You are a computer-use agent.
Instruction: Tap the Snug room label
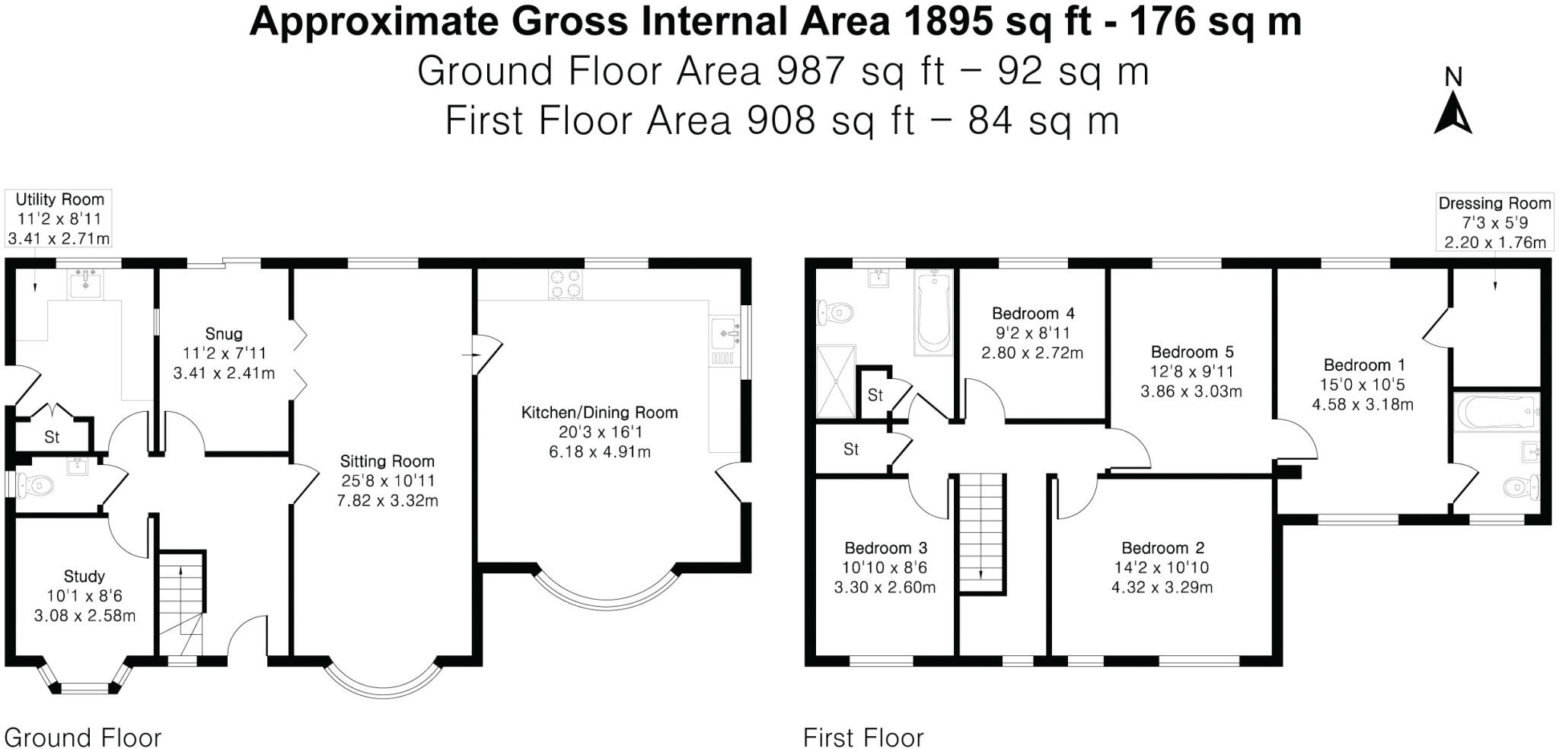[x=224, y=333]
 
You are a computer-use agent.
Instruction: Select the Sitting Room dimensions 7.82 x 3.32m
[x=387, y=501]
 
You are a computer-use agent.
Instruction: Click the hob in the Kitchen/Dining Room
[x=566, y=285]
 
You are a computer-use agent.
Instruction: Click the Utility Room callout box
[x=59, y=218]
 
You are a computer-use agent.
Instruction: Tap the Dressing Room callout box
[x=1494, y=223]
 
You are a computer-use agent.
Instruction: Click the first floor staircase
[x=981, y=533]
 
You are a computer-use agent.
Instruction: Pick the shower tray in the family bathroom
[x=836, y=381]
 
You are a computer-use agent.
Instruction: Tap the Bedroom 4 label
[x=1033, y=314]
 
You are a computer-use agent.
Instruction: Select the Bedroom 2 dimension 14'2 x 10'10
[x=1162, y=568]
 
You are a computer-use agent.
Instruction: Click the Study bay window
[x=84, y=680]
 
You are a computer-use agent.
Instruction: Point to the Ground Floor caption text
[x=83, y=738]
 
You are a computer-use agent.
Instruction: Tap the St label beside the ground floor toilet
[x=52, y=437]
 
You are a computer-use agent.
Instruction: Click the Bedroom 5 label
[x=1192, y=352]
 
